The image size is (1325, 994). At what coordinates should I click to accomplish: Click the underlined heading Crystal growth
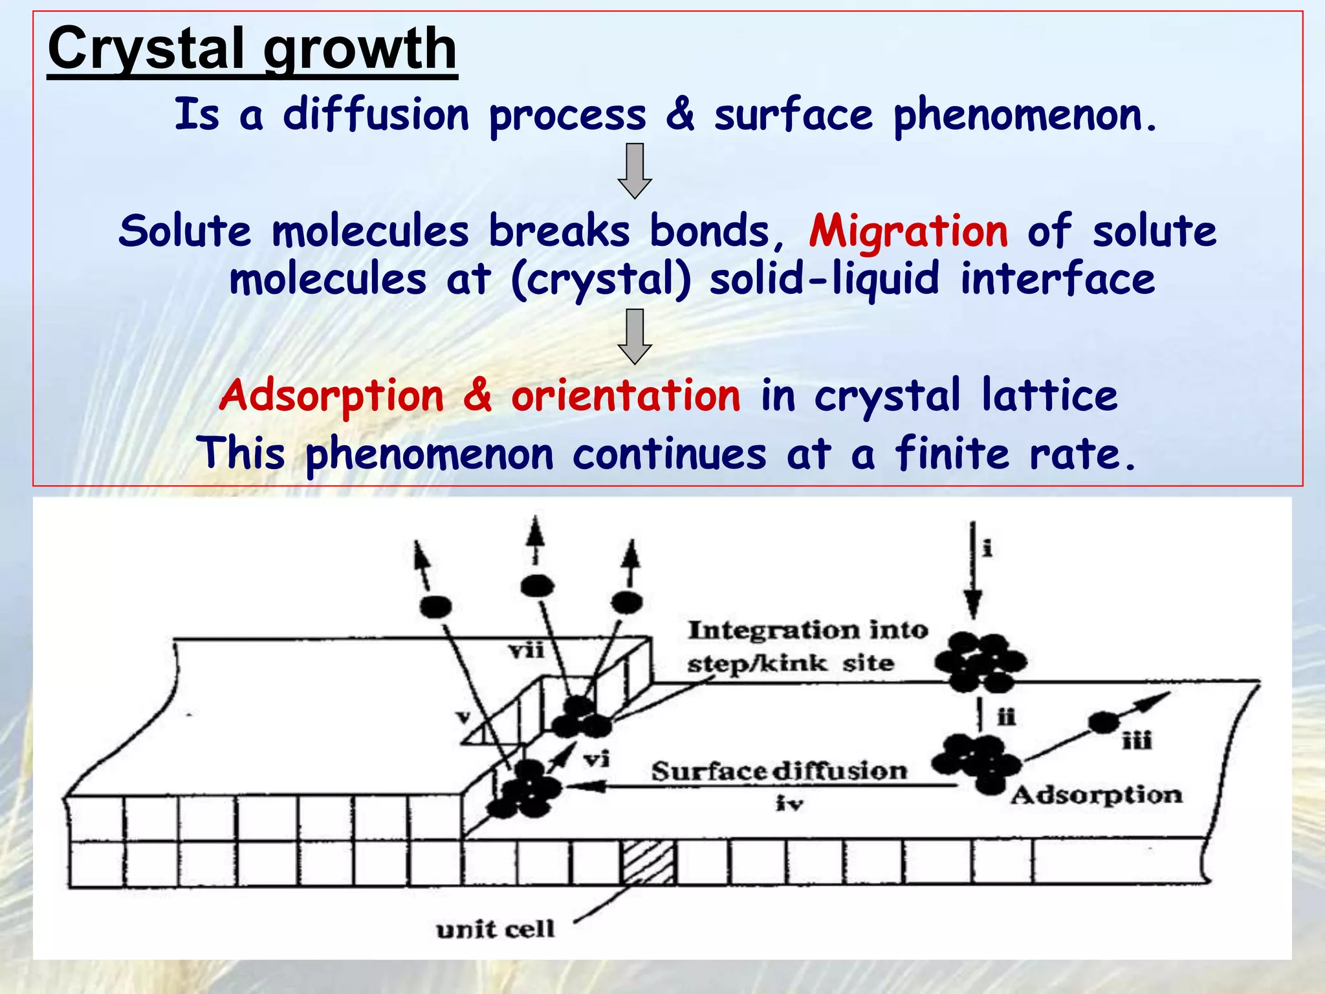pos(252,49)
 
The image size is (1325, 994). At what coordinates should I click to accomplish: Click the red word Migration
pos(908,231)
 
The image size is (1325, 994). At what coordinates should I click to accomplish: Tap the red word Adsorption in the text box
pos(331,395)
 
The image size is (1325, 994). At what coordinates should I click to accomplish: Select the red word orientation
pos(626,395)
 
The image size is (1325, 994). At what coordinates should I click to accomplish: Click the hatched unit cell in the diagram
pos(648,862)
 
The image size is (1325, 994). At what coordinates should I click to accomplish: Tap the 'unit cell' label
pos(496,930)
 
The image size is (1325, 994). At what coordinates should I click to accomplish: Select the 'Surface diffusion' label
pos(779,771)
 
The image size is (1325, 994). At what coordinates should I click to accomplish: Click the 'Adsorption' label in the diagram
pos(1097,795)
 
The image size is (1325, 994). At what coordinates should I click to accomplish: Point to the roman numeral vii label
pos(526,650)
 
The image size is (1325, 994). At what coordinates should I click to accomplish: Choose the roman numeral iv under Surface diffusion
pos(789,804)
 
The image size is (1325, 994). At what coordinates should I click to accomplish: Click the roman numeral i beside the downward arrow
pos(987,549)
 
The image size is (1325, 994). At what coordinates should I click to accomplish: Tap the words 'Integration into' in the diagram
pos(807,630)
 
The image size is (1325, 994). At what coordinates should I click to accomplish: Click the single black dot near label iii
pos(1103,722)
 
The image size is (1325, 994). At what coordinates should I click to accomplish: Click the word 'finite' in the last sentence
pos(952,454)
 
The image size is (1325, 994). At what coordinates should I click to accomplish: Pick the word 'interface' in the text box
pos(1058,279)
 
